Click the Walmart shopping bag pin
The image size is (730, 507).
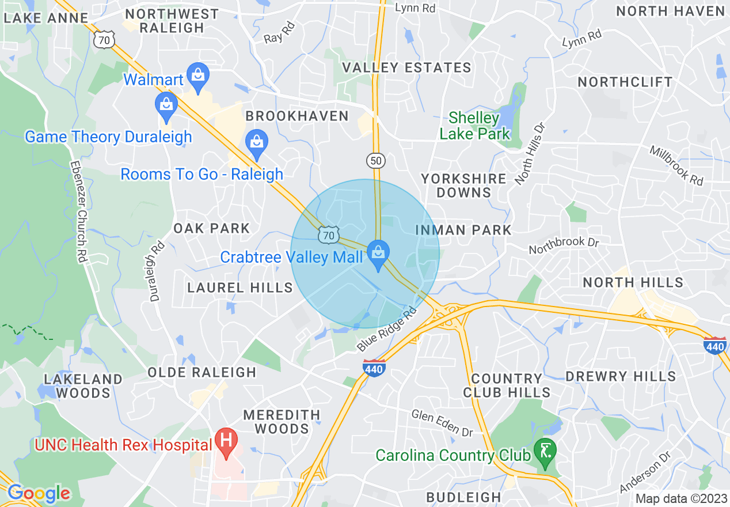pos(198,77)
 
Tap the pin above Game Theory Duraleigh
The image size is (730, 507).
pos(166,105)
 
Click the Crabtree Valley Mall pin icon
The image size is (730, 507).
pos(378,254)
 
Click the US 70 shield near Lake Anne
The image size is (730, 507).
pos(105,38)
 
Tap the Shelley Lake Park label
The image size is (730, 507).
pos(474,126)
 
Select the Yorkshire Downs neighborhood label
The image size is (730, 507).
pos(463,186)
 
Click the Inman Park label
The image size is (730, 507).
pos(463,230)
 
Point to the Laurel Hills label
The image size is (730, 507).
pos(240,287)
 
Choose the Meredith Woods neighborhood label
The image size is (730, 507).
pos(282,422)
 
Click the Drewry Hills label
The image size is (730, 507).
pos(621,377)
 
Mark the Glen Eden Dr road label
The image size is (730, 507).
pos(442,422)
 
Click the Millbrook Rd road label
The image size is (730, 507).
pos(676,165)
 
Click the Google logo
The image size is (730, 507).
pos(38,493)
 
